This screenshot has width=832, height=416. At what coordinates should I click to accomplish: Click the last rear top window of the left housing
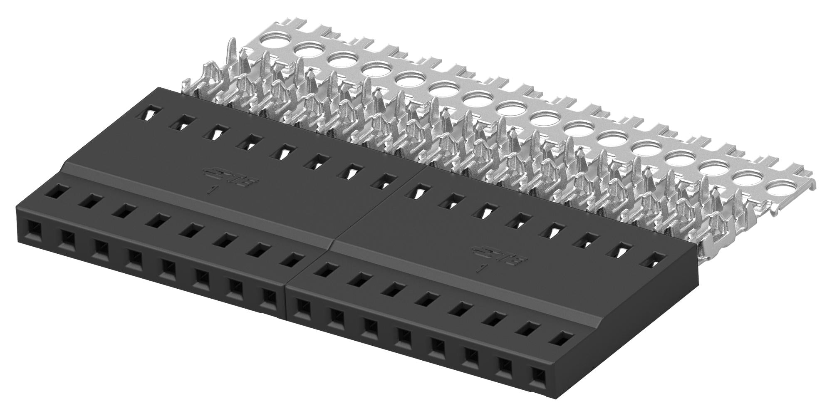click(x=384, y=181)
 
